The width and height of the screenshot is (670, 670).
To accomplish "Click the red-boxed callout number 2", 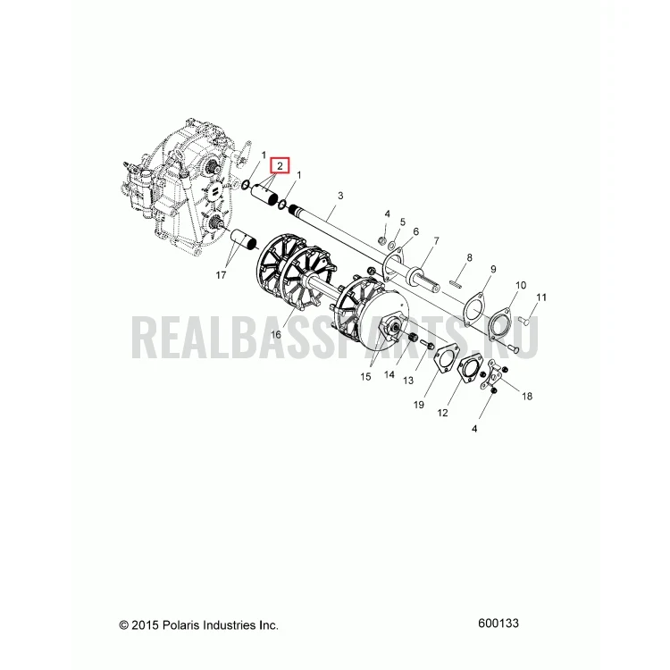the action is [x=280, y=165].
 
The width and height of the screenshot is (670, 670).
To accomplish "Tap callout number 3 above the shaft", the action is [x=340, y=196].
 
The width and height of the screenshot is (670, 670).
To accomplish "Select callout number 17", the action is [x=221, y=275].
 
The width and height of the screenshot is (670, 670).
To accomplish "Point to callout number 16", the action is [x=276, y=334].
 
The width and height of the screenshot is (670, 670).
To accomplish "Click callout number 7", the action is [x=436, y=241].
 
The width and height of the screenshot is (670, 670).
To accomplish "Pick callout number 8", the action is [x=470, y=257].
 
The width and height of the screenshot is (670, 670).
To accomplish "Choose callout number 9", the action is [x=493, y=269].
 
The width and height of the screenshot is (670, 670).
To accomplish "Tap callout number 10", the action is [x=521, y=285].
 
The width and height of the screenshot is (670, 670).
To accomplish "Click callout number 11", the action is [x=541, y=297].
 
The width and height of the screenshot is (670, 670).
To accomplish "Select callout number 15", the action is [x=365, y=376].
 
